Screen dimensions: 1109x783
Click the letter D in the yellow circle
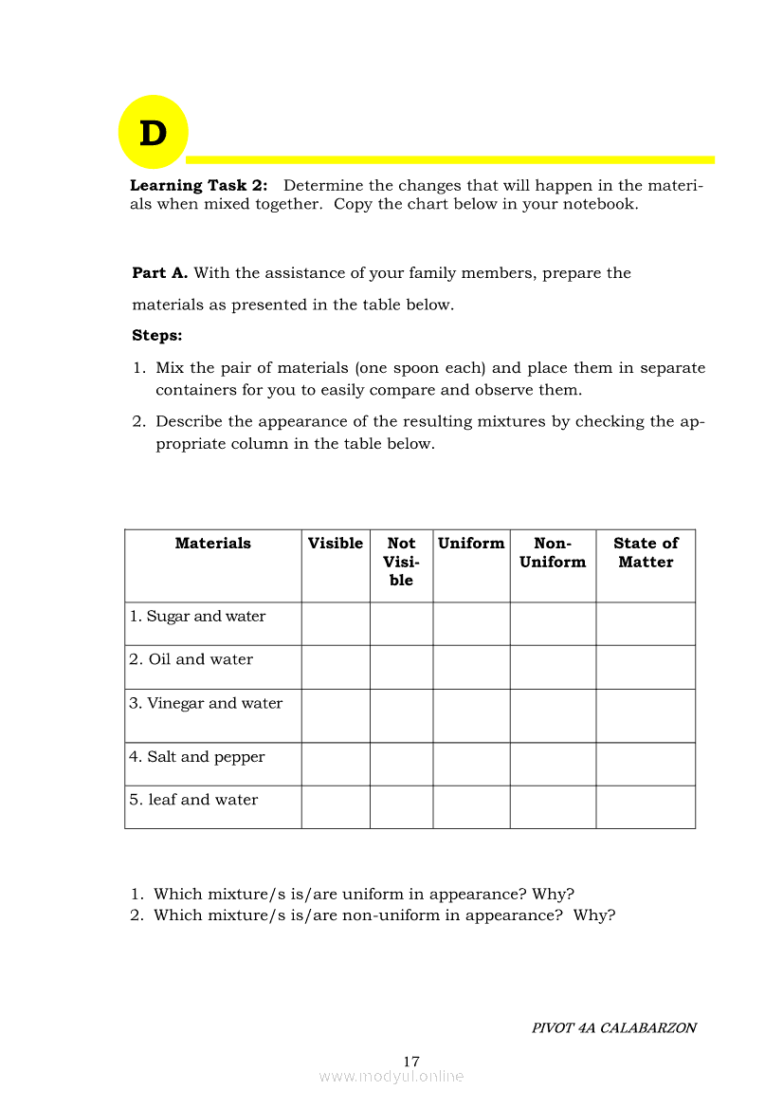click(x=153, y=134)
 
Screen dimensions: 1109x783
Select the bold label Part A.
click(x=159, y=273)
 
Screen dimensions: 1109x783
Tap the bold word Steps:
click(x=157, y=336)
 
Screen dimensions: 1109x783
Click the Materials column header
click(x=213, y=544)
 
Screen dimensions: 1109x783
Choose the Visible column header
click(x=336, y=544)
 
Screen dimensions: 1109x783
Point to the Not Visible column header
click(x=401, y=562)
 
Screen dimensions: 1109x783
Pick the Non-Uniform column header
click(x=553, y=553)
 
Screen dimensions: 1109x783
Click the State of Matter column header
click(x=646, y=553)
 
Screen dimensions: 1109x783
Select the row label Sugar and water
click(x=197, y=617)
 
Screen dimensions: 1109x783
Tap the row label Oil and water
click(x=191, y=659)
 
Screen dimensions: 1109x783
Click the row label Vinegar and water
click(x=206, y=703)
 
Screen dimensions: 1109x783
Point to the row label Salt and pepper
click(x=197, y=757)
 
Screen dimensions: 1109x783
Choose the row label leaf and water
click(x=193, y=800)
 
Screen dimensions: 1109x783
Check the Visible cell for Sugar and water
click(x=336, y=624)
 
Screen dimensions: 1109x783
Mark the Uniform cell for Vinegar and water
click(x=471, y=715)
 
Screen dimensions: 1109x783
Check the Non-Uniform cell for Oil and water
click(x=553, y=667)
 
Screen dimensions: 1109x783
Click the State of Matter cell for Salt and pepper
click(x=646, y=764)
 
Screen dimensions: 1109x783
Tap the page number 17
click(x=411, y=1062)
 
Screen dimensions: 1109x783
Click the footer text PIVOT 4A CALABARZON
click(x=613, y=1028)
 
